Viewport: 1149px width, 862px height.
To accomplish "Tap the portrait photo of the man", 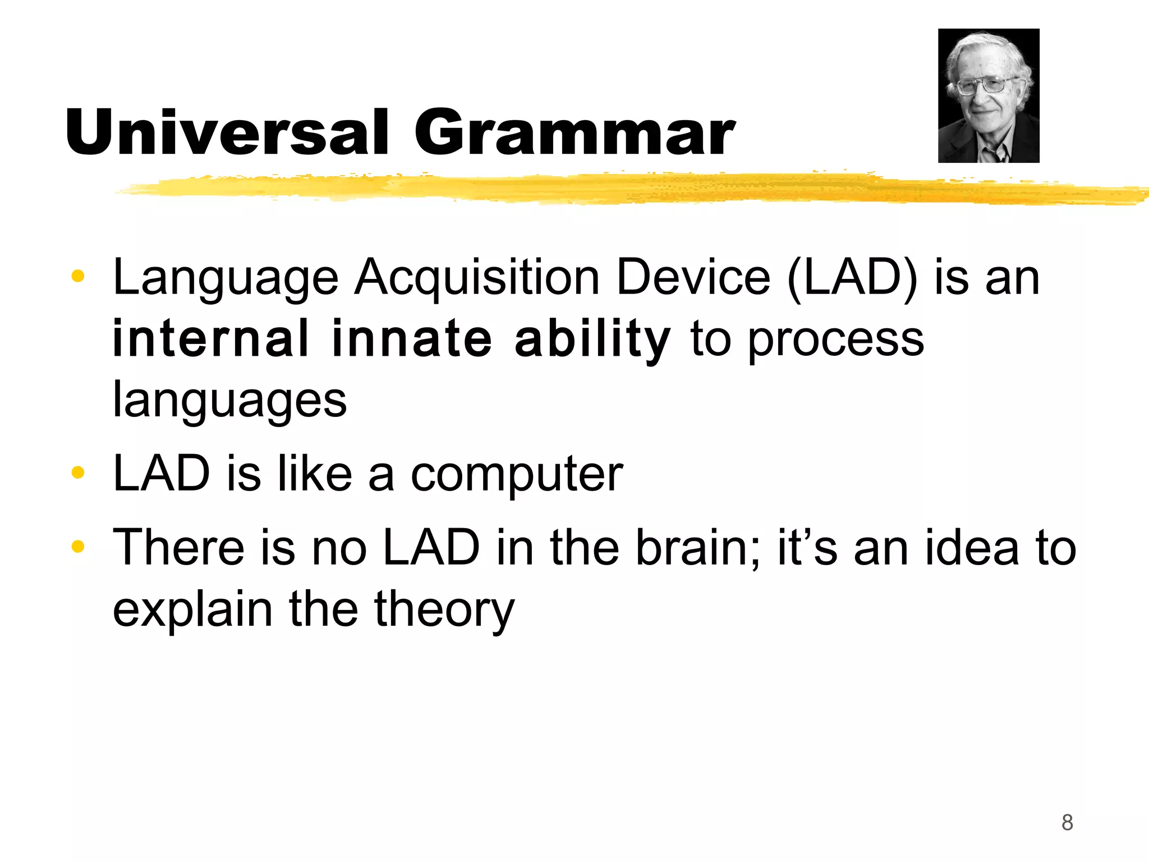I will [989, 95].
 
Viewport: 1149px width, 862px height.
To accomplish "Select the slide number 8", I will [1067, 823].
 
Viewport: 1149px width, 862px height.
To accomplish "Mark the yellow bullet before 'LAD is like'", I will [78, 473].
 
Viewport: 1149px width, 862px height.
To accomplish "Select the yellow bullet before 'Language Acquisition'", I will [78, 276].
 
